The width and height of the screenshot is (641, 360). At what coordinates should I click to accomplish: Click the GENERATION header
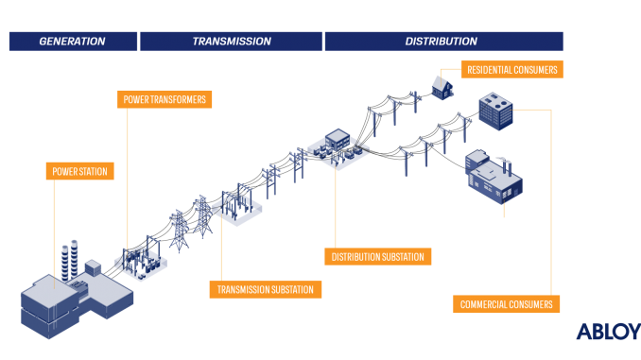pos(72,42)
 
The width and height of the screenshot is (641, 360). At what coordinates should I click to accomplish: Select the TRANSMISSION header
pos(232,42)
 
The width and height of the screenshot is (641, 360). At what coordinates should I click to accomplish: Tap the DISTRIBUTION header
pos(442,42)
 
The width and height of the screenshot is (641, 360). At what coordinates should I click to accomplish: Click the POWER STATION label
pos(80,172)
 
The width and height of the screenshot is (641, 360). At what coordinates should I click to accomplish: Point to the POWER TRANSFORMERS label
pos(165,98)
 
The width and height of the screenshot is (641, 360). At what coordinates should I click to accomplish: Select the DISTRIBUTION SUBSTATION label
pos(378,256)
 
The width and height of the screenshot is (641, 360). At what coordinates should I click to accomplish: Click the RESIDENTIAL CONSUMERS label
pos(511,70)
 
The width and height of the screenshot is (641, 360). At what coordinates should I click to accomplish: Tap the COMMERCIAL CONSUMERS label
pos(506,304)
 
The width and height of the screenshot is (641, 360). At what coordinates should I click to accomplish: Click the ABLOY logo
pos(607,332)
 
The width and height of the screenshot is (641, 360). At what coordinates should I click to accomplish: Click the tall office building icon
pos(494,111)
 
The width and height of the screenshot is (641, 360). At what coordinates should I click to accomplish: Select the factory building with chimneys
pos(494,177)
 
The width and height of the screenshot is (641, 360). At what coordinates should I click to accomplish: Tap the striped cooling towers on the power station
pos(68,260)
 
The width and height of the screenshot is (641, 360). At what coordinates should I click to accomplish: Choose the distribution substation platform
pos(338,150)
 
